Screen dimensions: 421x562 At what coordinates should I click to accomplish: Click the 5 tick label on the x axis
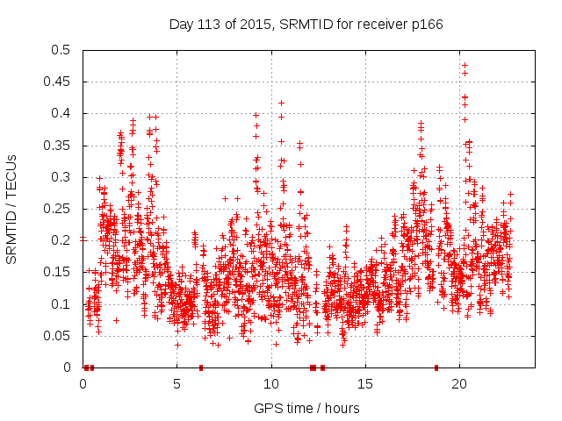[x=177, y=384]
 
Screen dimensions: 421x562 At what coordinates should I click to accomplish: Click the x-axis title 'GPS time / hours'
[x=306, y=408]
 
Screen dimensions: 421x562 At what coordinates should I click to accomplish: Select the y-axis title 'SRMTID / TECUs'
[x=12, y=209]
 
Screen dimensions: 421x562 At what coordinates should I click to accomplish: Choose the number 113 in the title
[x=215, y=24]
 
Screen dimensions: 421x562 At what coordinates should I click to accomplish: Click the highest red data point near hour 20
[x=465, y=65]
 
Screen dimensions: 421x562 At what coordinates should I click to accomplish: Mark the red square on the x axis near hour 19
[x=436, y=367]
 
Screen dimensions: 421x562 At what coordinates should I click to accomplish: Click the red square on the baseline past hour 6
[x=201, y=367]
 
